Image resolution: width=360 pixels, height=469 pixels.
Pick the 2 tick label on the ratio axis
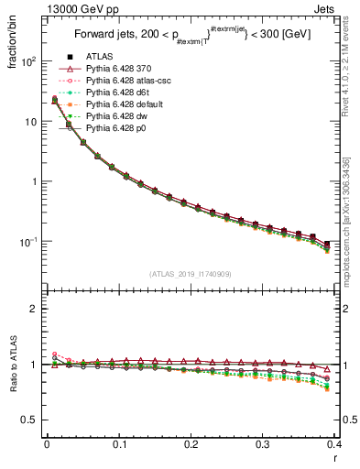pyautogui.click(x=34, y=310)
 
